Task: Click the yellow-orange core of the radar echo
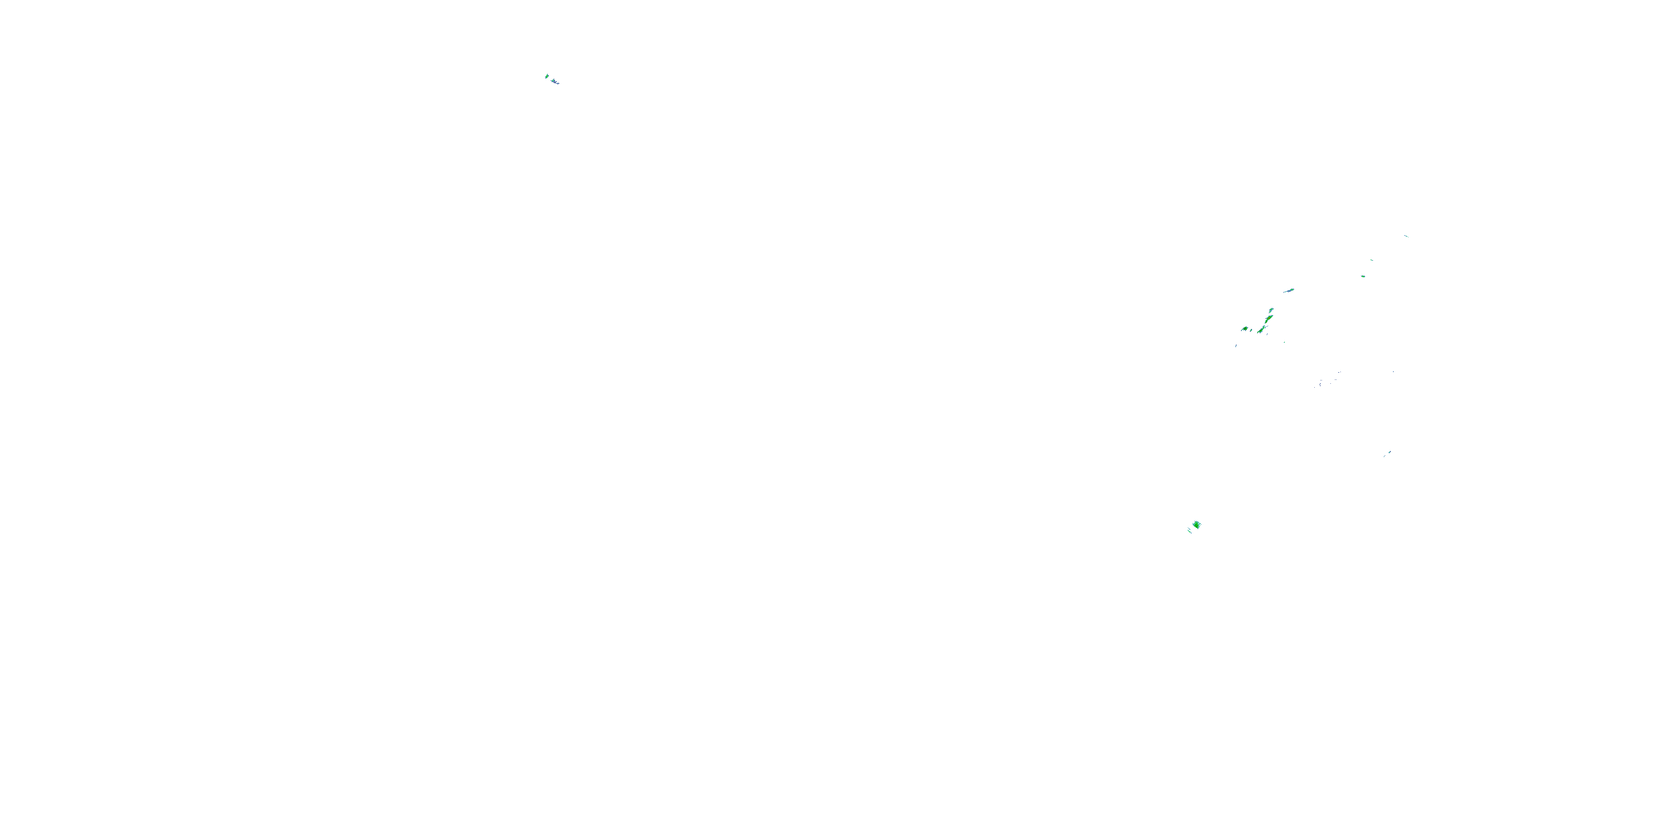tap(1269, 319)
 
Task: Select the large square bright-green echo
tap(1197, 525)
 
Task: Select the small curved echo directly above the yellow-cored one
tap(1272, 310)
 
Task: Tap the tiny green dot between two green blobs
tap(1252, 331)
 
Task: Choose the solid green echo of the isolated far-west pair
tap(547, 77)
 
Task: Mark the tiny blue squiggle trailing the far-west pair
tap(558, 83)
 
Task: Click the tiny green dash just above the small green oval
tap(1371, 260)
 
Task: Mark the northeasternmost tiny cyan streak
tap(1406, 236)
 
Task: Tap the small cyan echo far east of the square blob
tap(1389, 452)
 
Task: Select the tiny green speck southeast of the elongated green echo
tap(1284, 342)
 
